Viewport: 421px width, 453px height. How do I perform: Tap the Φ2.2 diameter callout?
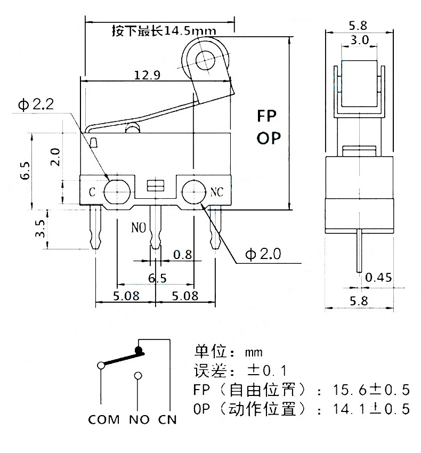coord(36,104)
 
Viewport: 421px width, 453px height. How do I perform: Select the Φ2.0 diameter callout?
coord(263,254)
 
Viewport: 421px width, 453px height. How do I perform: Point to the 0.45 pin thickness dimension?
coord(378,277)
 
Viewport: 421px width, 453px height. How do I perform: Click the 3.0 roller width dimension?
coord(359,40)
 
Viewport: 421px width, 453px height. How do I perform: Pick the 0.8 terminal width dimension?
coord(183,255)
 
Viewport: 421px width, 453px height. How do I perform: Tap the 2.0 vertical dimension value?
coord(55,158)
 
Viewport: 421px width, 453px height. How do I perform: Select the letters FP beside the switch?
coord(269,117)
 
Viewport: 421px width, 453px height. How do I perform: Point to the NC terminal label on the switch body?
coord(217,191)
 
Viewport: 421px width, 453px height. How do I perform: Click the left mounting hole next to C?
coord(116,192)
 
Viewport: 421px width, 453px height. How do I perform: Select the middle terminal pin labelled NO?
coord(155,226)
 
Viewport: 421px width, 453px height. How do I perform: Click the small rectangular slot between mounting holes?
coord(155,185)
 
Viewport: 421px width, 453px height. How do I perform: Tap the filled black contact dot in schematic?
coord(139,350)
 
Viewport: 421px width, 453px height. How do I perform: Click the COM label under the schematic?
coord(104,419)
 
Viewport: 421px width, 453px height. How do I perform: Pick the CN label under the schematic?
coord(167,419)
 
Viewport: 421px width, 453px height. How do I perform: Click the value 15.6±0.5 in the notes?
coord(371,390)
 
